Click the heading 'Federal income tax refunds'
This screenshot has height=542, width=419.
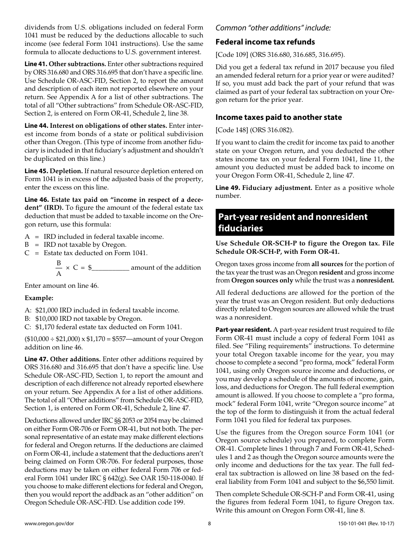click(x=265, y=42)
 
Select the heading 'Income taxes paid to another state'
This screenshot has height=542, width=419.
click(x=278, y=117)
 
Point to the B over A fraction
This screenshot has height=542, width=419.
click(x=58, y=267)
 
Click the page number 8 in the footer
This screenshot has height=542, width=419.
click(x=209, y=524)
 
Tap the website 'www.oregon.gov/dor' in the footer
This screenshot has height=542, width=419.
click(x=49, y=524)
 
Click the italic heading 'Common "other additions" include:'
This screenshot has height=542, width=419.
click(x=273, y=28)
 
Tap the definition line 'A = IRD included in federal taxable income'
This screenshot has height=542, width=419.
click(x=94, y=237)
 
